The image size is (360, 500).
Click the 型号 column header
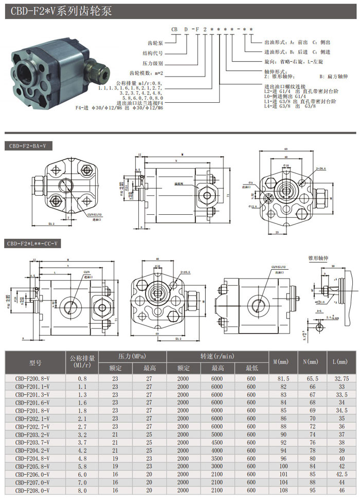point(35,362)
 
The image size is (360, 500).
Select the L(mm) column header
point(340,362)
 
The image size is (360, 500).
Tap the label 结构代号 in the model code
point(151,52)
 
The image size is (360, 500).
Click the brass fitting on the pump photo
point(97,67)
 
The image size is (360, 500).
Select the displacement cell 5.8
point(82,466)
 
